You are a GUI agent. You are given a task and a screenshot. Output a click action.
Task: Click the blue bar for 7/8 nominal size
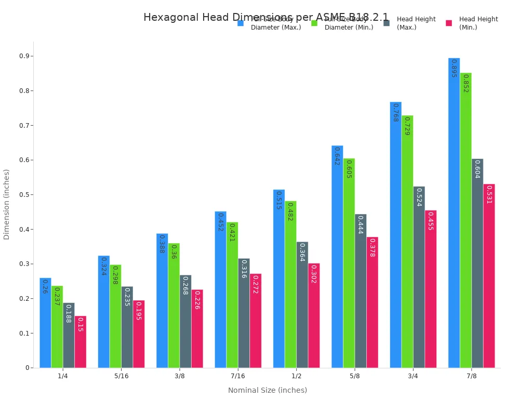tap(454, 213)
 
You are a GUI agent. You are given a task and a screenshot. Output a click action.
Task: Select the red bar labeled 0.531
tap(489, 275)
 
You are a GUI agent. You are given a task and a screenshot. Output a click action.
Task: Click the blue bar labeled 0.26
tap(45, 323)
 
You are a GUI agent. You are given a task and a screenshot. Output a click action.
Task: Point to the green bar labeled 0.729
tap(407, 242)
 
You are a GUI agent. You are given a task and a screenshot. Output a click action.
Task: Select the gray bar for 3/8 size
tap(185, 321)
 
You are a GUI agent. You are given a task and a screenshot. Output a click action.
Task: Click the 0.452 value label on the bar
tap(220, 222)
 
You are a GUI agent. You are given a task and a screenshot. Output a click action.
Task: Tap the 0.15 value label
tap(80, 325)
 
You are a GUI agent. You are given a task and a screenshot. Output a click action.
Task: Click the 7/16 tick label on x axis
tap(238, 376)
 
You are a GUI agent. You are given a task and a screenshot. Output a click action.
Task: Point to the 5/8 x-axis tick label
tap(354, 376)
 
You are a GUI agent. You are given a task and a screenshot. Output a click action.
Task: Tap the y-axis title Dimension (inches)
tap(7, 204)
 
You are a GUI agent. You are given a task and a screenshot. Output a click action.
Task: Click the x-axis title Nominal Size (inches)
tap(268, 390)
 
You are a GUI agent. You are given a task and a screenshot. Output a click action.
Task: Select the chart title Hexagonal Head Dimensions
tap(266, 17)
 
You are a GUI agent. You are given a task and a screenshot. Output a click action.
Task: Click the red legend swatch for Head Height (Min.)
tap(449, 23)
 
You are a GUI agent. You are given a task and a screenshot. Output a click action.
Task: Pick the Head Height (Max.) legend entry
tap(416, 23)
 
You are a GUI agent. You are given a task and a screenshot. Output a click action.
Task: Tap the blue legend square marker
tap(241, 23)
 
